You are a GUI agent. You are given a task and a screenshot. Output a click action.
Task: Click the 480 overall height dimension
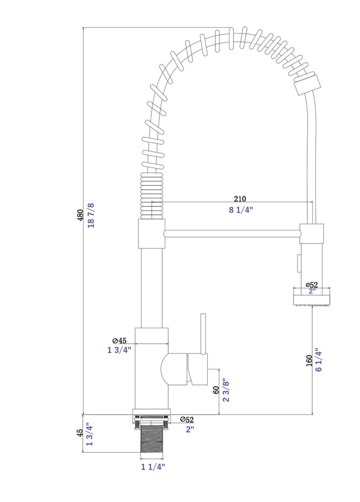point(80,215)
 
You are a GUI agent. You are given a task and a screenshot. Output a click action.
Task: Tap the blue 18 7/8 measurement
point(91,215)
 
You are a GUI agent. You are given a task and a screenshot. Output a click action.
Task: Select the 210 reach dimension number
point(240,199)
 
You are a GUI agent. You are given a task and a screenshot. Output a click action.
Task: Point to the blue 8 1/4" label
point(241,210)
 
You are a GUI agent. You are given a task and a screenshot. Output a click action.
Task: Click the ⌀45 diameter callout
point(119,341)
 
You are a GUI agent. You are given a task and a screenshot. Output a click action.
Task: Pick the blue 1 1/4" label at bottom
point(153,467)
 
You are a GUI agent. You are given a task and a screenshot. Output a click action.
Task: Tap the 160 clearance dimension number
point(309,360)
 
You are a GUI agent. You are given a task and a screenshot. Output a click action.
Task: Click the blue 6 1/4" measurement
point(318,359)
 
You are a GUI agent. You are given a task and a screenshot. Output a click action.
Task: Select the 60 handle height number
point(216,390)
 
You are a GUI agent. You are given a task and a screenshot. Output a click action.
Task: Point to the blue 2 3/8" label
point(226,390)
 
